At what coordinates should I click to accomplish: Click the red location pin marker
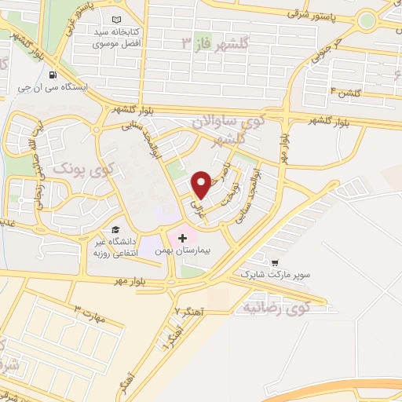click(x=202, y=184)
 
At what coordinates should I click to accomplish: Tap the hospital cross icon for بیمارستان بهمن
click(x=183, y=237)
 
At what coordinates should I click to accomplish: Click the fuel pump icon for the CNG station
click(x=53, y=75)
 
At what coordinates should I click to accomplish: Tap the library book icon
click(x=117, y=20)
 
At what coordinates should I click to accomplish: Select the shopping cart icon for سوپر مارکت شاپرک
click(x=275, y=263)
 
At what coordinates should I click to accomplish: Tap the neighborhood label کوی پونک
click(x=82, y=169)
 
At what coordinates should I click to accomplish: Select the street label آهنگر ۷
click(x=188, y=312)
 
